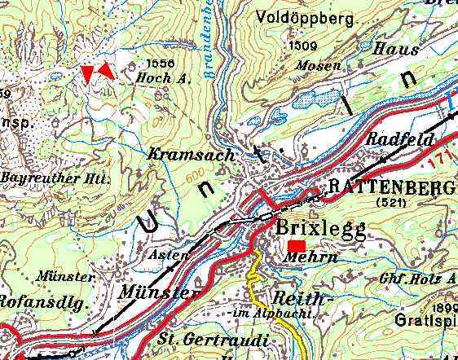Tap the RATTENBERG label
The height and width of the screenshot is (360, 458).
(391, 187)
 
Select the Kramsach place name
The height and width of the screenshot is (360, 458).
(191, 154)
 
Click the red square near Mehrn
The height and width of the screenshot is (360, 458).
(297, 245)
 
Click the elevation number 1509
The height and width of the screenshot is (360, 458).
(302, 46)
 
